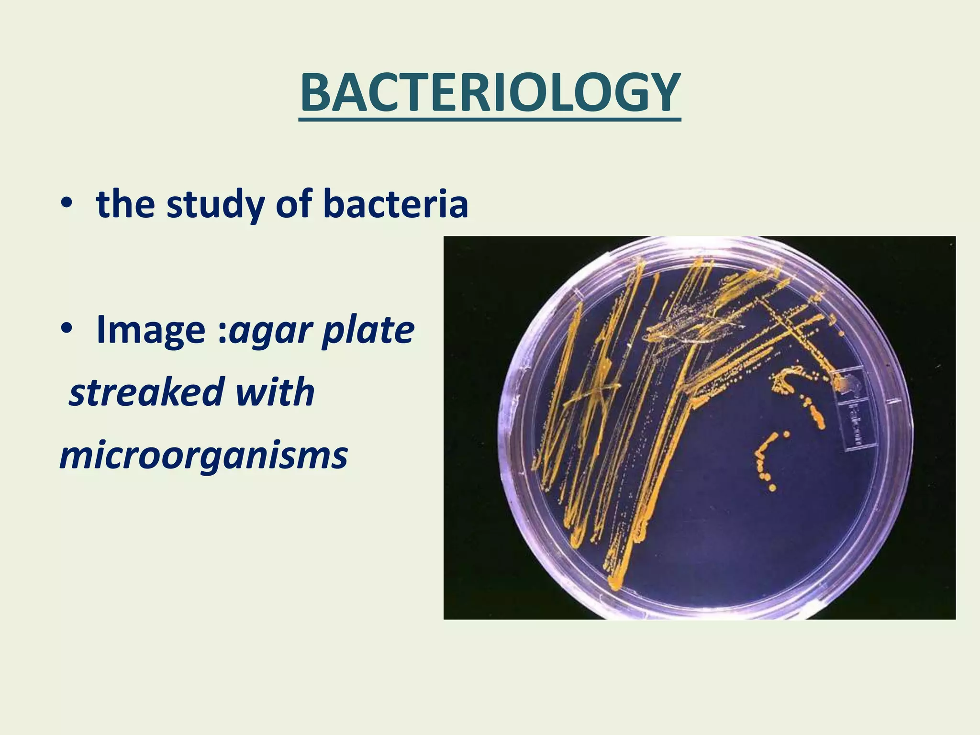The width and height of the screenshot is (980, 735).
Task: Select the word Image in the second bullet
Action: click(151, 330)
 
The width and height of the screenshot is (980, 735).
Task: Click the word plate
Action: click(367, 330)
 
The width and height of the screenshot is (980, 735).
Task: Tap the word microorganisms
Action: click(204, 456)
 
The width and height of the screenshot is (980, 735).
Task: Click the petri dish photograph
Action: click(699, 427)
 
